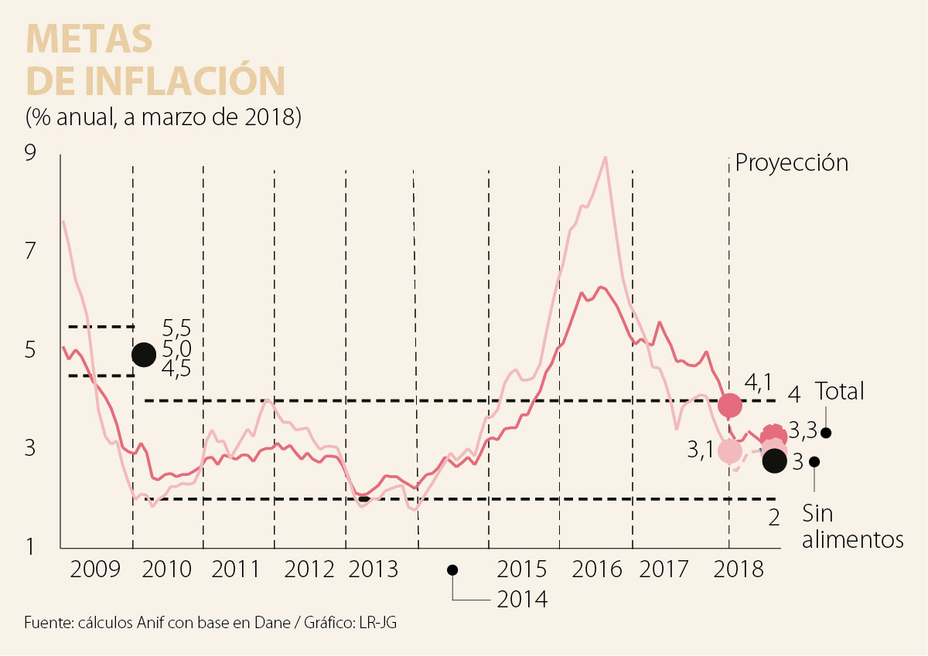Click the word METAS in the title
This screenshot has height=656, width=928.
point(89,38)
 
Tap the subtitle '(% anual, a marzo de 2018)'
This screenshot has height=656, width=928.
point(162,118)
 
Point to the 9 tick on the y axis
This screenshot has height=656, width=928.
point(30,155)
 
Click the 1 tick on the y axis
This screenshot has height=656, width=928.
point(30,548)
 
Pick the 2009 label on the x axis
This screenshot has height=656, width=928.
point(96,570)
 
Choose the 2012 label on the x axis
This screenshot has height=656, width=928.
point(309,570)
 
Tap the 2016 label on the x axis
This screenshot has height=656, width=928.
point(597,570)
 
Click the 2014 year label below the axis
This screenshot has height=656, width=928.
point(522,599)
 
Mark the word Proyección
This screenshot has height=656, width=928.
point(791,163)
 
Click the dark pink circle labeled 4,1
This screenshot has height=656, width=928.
point(730,404)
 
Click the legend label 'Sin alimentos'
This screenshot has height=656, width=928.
point(852,526)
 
